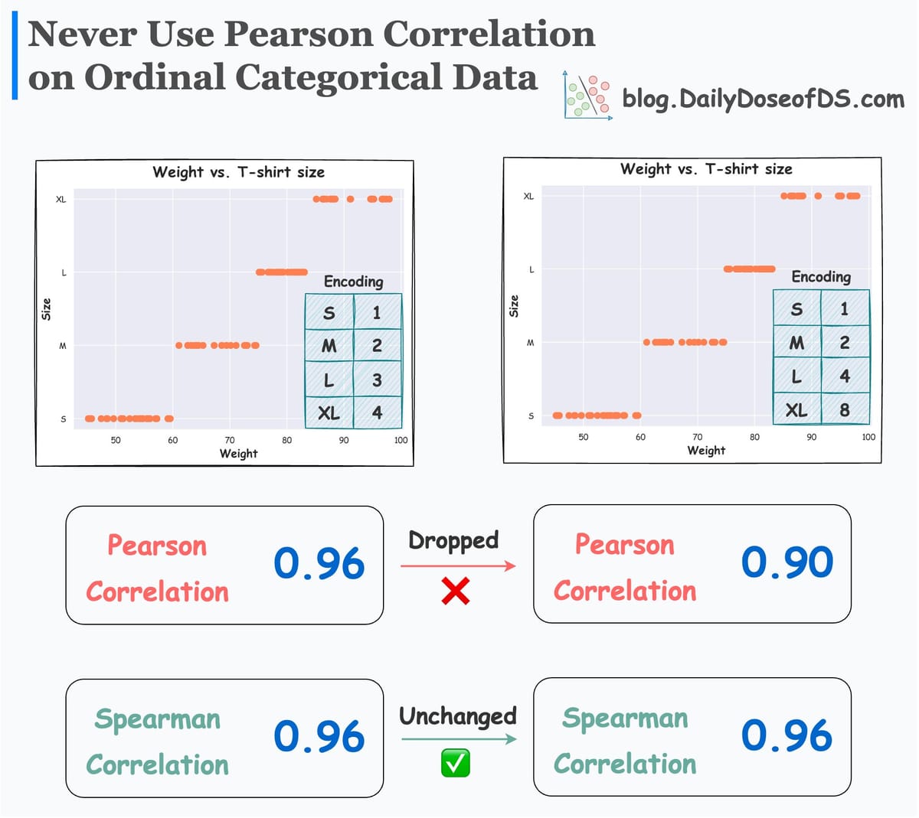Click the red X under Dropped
pyautogui.click(x=456, y=591)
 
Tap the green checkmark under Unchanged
pyautogui.click(x=456, y=763)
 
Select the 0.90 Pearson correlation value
pyautogui.click(x=787, y=562)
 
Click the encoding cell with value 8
pyautogui.click(x=845, y=409)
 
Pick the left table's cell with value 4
pyautogui.click(x=377, y=412)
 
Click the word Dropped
pyautogui.click(x=453, y=540)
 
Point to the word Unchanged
pyautogui.click(x=458, y=716)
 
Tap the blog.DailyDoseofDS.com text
pyautogui.click(x=763, y=99)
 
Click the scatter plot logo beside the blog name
pyautogui.click(x=587, y=96)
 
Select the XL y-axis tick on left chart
pyautogui.click(x=61, y=200)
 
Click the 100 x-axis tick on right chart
pyautogui.click(x=868, y=437)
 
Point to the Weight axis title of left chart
pyautogui.click(x=238, y=453)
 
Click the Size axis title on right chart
pyautogui.click(x=514, y=306)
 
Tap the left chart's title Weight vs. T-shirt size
pyautogui.click(x=238, y=172)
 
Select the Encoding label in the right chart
pyautogui.click(x=821, y=276)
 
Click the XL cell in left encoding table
pyautogui.click(x=329, y=412)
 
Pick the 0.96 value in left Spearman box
pyautogui.click(x=319, y=737)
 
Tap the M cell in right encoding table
pyautogui.click(x=796, y=343)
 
